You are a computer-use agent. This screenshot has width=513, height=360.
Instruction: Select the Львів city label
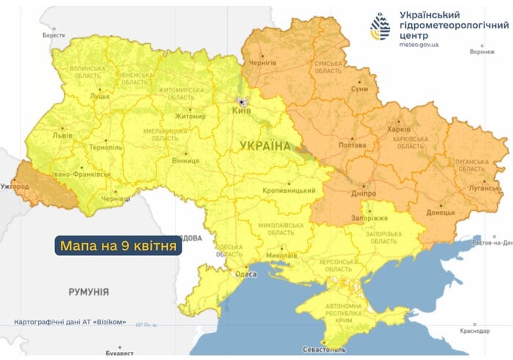click(x=62, y=136)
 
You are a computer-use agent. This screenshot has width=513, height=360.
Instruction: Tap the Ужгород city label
click(x=15, y=187)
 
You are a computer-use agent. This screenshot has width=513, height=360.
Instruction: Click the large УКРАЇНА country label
click(x=265, y=147)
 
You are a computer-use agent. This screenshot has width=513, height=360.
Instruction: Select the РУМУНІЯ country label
click(x=89, y=292)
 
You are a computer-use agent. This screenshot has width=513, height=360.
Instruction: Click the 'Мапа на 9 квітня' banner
click(x=118, y=246)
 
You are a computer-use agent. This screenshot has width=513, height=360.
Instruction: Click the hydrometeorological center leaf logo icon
click(x=381, y=27)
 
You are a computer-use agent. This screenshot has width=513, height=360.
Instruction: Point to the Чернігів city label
click(x=262, y=63)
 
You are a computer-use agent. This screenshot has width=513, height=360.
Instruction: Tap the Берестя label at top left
click(x=53, y=35)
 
